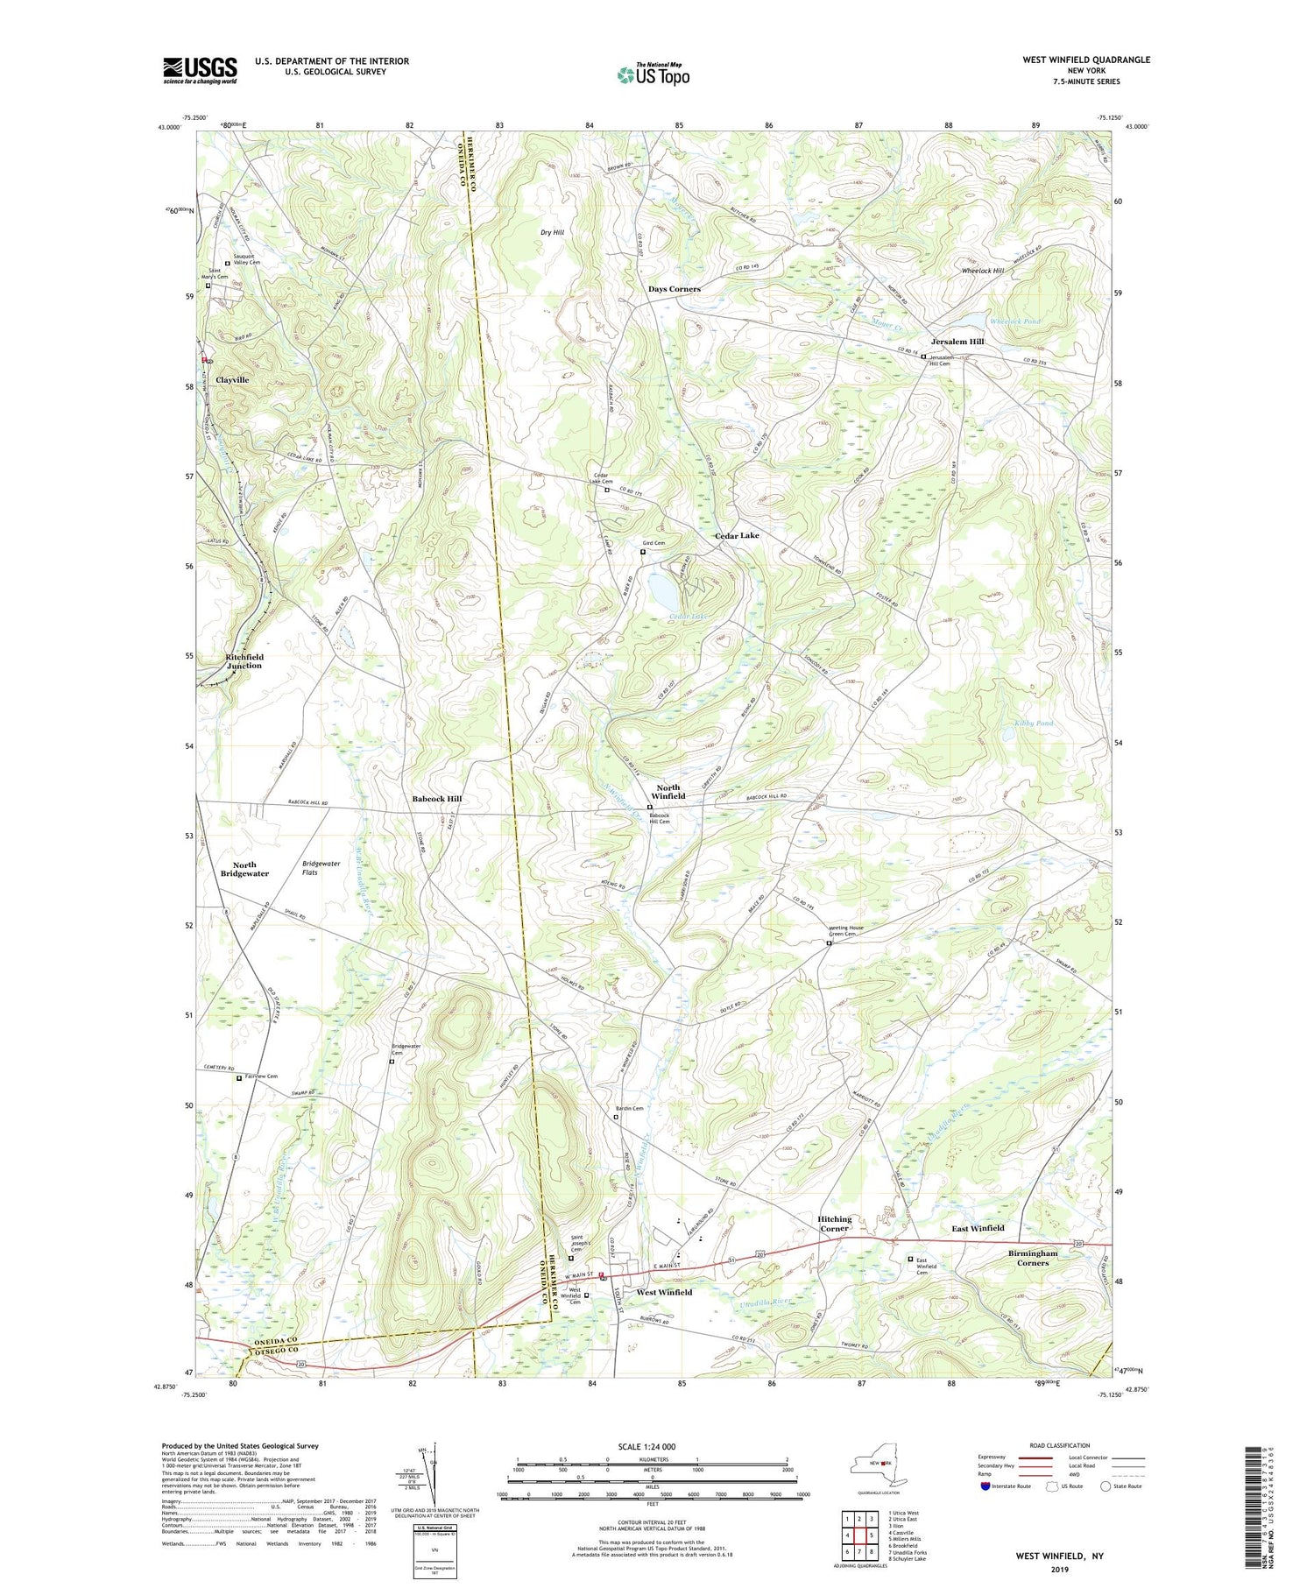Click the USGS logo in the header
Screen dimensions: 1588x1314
click(200, 70)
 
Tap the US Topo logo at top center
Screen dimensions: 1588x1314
click(653, 74)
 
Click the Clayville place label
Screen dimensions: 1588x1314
click(232, 380)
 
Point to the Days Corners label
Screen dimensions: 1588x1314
click(674, 289)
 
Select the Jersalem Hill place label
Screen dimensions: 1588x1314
click(957, 342)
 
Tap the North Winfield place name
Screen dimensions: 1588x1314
click(668, 792)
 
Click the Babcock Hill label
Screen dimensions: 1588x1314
click(436, 799)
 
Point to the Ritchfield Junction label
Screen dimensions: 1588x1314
click(244, 661)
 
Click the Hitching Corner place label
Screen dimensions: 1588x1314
click(834, 1224)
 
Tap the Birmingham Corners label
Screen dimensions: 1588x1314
click(1033, 1258)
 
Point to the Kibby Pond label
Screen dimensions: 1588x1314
click(1034, 723)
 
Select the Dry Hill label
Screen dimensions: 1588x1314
click(552, 232)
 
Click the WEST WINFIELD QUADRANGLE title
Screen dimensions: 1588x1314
click(1086, 60)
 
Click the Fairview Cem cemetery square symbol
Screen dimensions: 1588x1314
click(238, 1079)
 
